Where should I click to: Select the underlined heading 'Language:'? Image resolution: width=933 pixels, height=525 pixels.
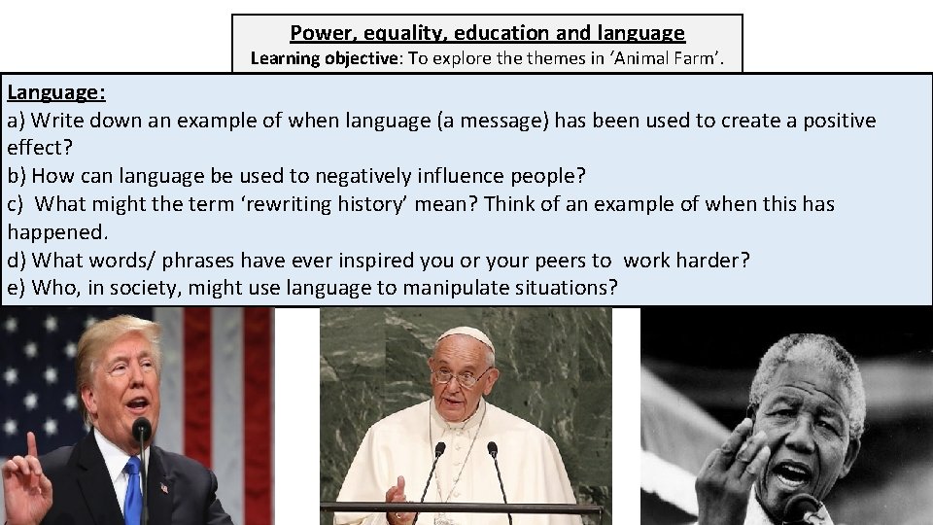coord(56,93)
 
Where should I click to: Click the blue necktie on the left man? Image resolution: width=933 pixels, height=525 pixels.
coord(133,490)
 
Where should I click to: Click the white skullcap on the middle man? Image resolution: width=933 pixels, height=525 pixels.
coord(465,335)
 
